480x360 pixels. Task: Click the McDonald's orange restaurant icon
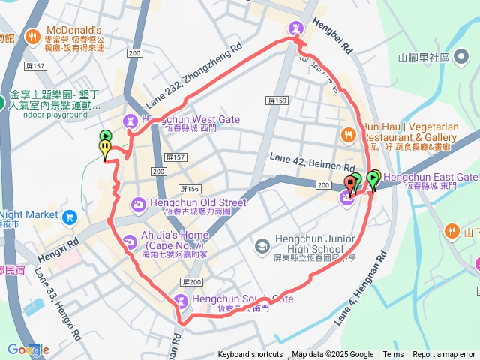click(x=32, y=36)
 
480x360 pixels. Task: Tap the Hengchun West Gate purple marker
click(x=130, y=120)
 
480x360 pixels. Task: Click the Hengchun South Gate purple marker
click(x=181, y=301)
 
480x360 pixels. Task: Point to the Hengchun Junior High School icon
click(x=262, y=245)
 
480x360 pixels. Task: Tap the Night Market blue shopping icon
click(x=70, y=217)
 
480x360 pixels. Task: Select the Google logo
click(x=28, y=349)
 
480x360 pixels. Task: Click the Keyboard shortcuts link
click(x=250, y=355)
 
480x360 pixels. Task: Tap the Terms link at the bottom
click(x=393, y=355)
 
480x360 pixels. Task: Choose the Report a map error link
click(x=444, y=355)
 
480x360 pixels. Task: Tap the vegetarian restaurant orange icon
click(x=348, y=135)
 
